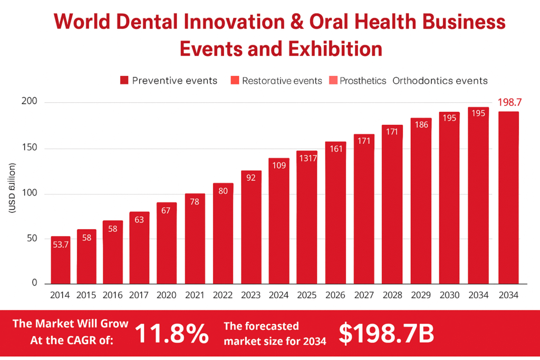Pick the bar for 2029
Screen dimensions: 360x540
click(x=421, y=200)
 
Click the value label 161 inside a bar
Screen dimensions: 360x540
click(x=335, y=149)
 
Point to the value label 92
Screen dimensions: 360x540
click(x=251, y=178)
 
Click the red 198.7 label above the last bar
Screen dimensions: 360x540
click(x=508, y=101)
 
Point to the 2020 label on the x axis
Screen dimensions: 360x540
click(x=167, y=296)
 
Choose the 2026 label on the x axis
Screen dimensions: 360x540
click(x=335, y=296)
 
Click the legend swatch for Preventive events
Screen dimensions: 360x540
click(x=124, y=81)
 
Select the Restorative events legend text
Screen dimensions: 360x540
click(x=282, y=81)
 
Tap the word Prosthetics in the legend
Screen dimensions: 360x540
click(x=363, y=81)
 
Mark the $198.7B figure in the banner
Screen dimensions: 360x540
click(x=386, y=333)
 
